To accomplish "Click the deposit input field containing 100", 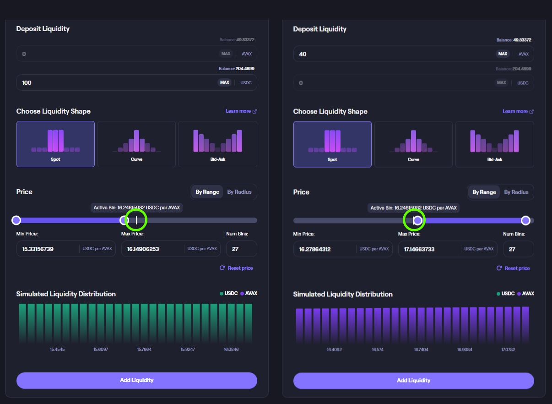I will [114, 83].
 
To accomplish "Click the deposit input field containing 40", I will [391, 54].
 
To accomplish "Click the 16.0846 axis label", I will [231, 349].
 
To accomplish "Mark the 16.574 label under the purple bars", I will [378, 349].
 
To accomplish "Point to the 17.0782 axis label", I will [508, 349].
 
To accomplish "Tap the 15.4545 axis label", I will [57, 349].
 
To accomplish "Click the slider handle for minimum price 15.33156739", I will [16, 220].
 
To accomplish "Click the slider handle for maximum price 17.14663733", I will [525, 221].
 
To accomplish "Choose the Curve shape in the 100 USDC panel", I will [136, 144].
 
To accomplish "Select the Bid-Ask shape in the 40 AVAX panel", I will [494, 144].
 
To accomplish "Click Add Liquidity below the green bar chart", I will [136, 380].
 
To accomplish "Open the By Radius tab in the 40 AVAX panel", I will [516, 192].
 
